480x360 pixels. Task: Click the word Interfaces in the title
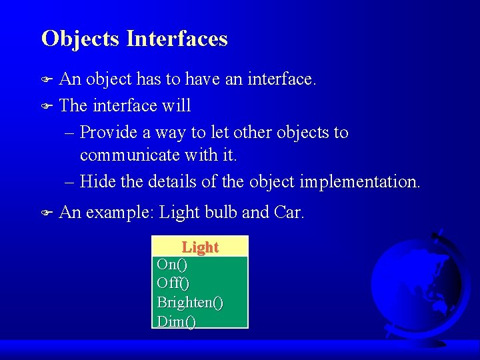click(x=177, y=39)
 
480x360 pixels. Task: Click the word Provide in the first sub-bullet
click(x=109, y=133)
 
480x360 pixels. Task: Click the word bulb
click(x=219, y=213)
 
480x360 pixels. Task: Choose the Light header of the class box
click(x=200, y=247)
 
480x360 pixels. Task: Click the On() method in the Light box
click(x=171, y=265)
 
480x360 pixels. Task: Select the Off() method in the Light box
click(x=173, y=283)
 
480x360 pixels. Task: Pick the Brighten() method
click(x=190, y=303)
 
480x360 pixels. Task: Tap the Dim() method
click(x=176, y=321)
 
